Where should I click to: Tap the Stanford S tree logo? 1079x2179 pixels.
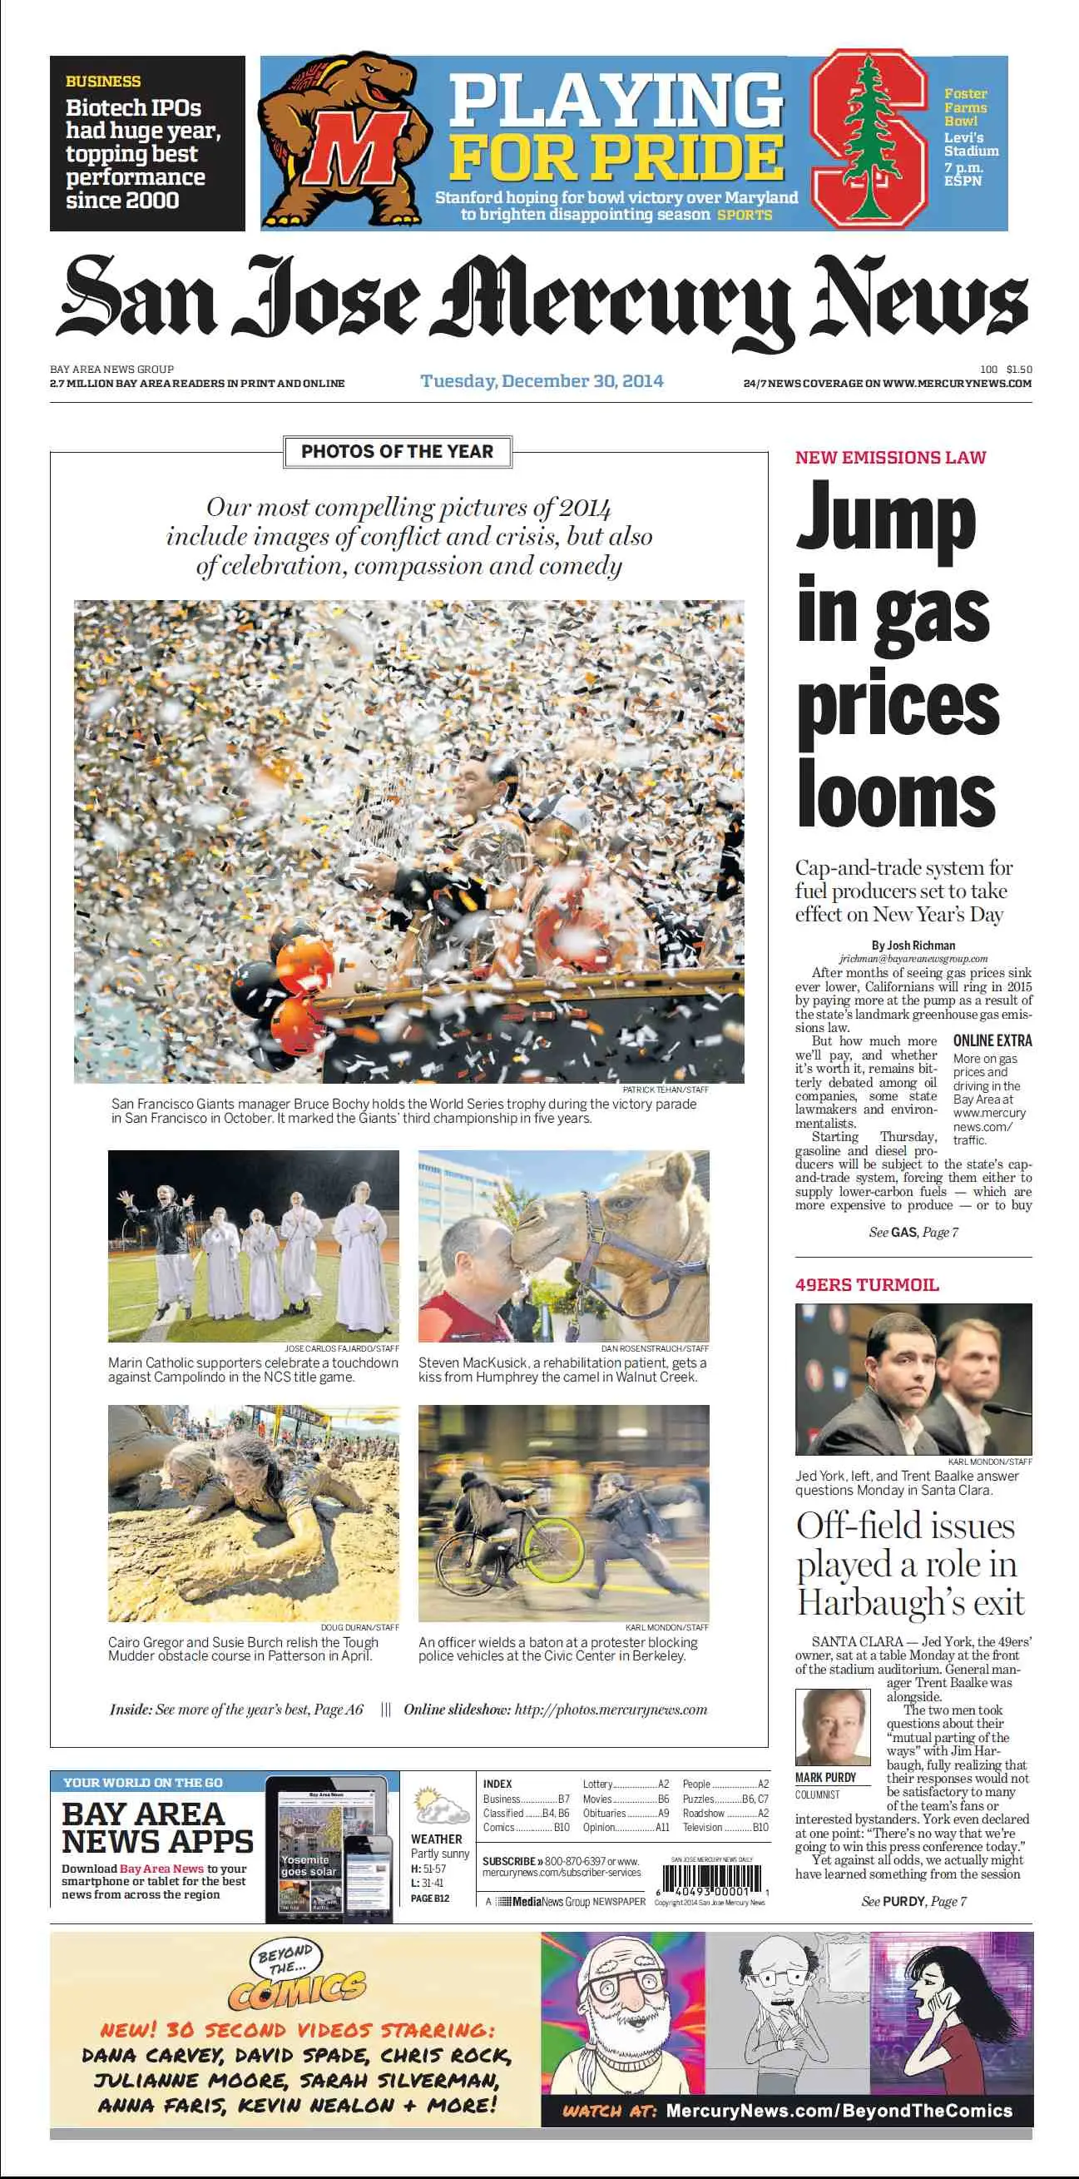(x=869, y=140)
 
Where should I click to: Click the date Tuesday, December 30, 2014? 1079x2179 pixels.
(x=542, y=380)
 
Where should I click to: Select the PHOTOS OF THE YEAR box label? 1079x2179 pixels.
(x=397, y=452)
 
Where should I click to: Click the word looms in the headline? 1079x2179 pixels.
(x=896, y=792)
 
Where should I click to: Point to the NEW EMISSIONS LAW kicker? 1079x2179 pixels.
(x=890, y=458)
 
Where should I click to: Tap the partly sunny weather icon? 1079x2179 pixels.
(x=440, y=1807)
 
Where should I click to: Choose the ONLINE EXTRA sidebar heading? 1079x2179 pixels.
(x=992, y=1040)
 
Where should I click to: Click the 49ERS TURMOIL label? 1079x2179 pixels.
(x=867, y=1285)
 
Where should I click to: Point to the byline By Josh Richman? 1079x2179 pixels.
(x=913, y=946)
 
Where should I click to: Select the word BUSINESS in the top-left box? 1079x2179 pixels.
(x=103, y=82)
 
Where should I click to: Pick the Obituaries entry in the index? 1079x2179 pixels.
(x=605, y=1813)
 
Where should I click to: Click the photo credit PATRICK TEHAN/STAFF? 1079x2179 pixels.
(x=666, y=1089)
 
